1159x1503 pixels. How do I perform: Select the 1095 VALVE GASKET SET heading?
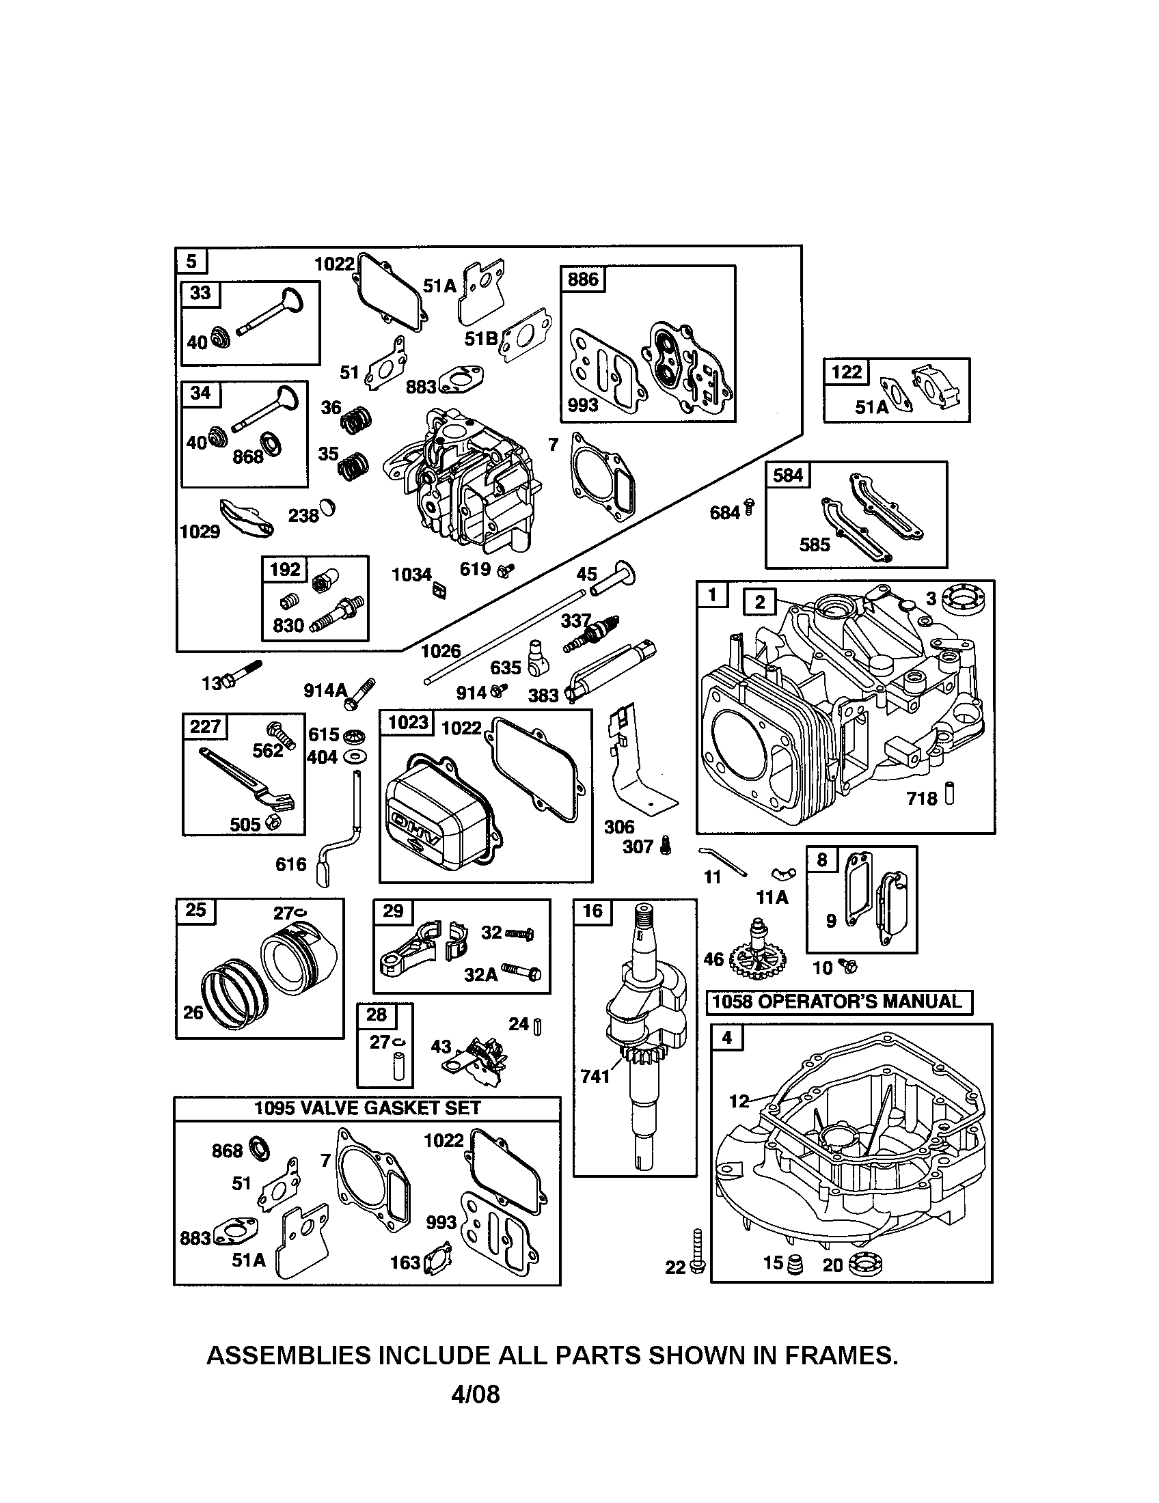(x=367, y=1108)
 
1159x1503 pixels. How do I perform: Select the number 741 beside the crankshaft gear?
(x=595, y=1075)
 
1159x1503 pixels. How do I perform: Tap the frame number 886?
(x=583, y=279)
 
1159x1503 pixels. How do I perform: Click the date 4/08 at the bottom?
(x=475, y=1394)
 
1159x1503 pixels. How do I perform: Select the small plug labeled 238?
(x=329, y=508)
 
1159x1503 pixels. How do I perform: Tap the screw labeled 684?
(x=749, y=509)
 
